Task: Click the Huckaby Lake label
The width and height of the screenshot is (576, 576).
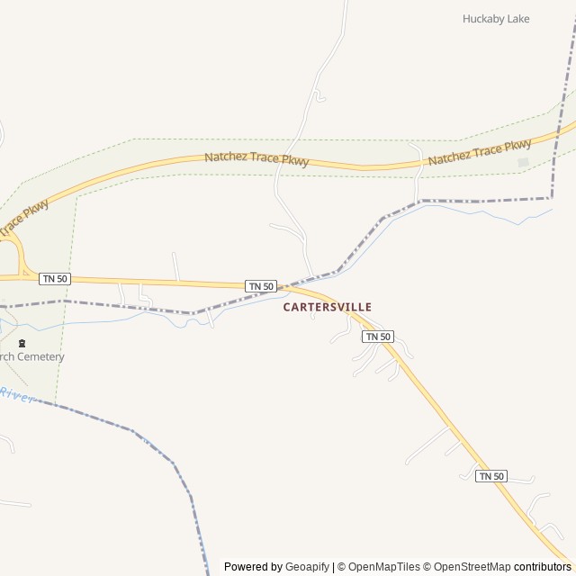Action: pos(496,19)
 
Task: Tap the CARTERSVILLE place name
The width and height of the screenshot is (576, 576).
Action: pos(327,307)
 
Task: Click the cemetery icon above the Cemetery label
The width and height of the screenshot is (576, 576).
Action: pos(22,343)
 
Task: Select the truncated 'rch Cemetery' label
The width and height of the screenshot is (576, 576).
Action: pos(32,356)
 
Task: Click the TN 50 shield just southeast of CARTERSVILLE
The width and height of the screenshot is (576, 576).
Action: pos(378,337)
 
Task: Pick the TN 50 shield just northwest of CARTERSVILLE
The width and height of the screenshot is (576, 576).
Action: pos(261,286)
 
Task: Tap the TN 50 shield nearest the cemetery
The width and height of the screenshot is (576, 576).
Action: pos(55,279)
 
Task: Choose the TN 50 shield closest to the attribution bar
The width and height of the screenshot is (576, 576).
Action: pos(491,476)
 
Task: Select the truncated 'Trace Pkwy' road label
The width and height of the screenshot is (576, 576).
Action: pos(23,218)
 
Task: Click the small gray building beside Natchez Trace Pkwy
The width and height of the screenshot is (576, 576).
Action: pos(523,162)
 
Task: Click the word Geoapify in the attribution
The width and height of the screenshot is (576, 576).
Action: pos(308,567)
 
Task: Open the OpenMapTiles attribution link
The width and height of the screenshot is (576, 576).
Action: pos(383,567)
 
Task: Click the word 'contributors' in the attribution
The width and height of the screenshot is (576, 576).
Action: pos(543,567)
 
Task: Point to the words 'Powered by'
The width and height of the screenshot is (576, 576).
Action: pos(253,567)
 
